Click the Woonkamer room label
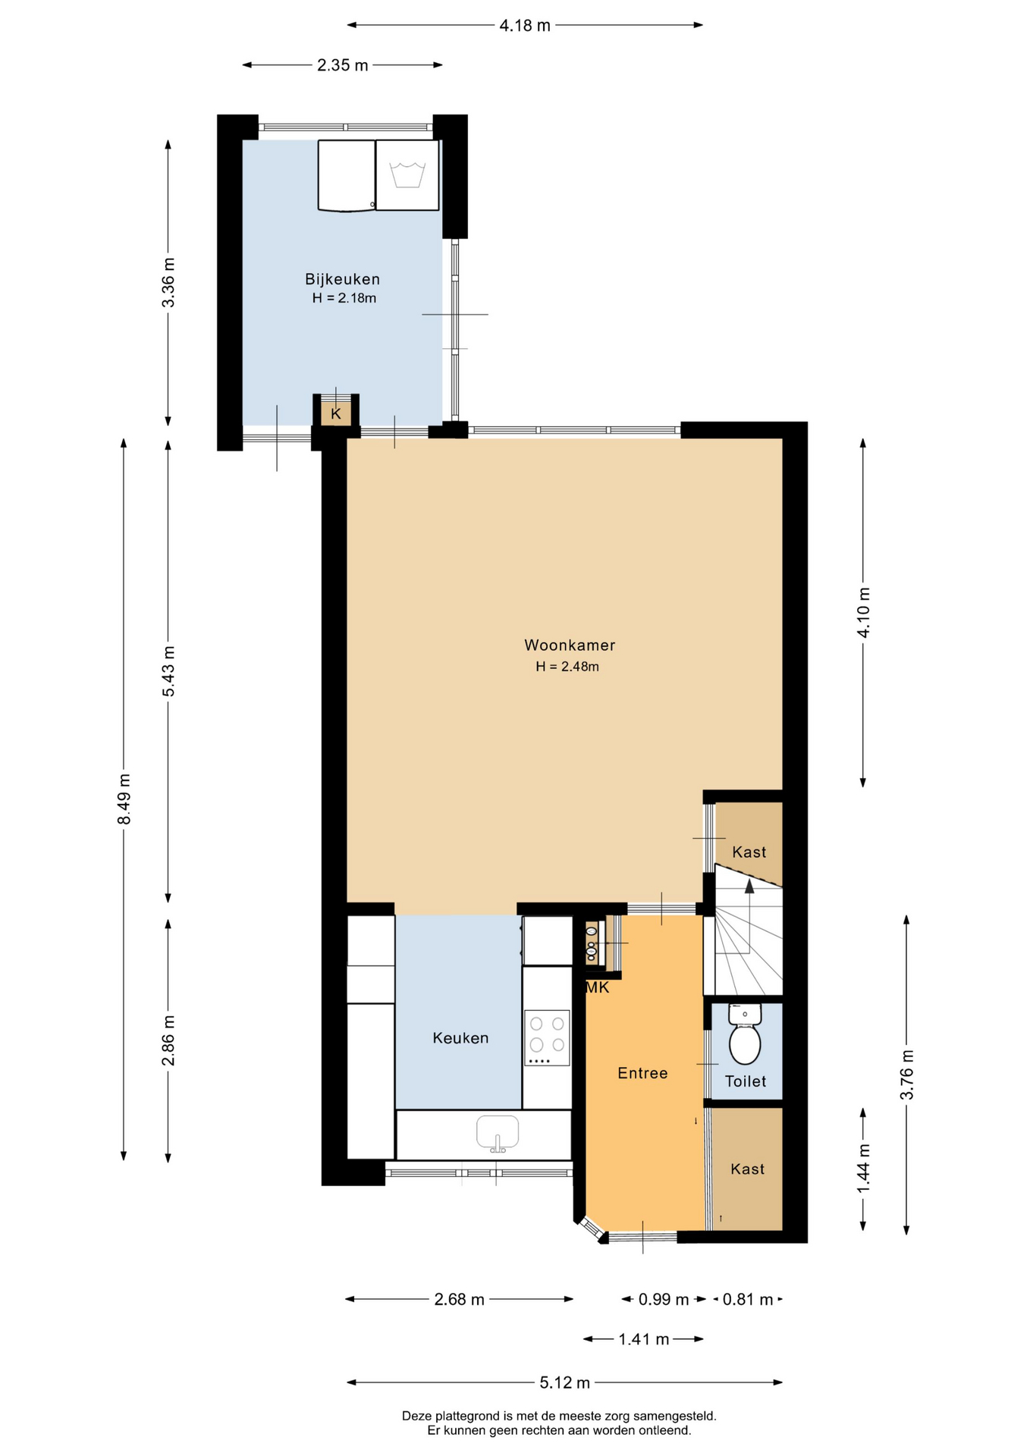click(570, 645)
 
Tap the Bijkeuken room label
click(342, 279)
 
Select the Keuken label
click(460, 1038)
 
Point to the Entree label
click(642, 1073)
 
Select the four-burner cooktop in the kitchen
click(547, 1037)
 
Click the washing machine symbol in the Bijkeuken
click(407, 175)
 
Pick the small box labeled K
click(336, 414)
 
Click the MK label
click(597, 987)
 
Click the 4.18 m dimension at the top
click(525, 26)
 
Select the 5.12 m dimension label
click(564, 1382)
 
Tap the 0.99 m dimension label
click(664, 1300)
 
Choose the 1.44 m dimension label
click(863, 1169)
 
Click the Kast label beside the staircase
click(749, 852)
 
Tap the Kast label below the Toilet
click(748, 1169)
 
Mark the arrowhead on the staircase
click(749, 886)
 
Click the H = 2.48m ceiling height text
click(567, 667)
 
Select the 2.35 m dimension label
click(343, 66)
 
